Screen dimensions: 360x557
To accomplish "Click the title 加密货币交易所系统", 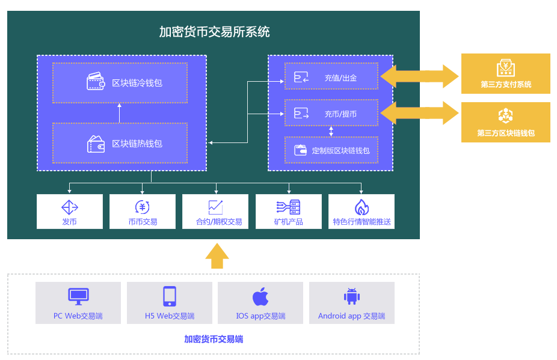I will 214,32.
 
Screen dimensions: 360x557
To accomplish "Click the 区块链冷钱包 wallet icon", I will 96,82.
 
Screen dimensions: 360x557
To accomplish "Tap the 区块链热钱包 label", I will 137,144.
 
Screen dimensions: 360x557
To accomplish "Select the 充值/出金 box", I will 331,77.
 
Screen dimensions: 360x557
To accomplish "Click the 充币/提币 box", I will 331,113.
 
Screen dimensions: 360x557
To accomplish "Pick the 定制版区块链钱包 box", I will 331,150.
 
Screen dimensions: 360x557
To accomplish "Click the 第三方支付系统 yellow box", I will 505,74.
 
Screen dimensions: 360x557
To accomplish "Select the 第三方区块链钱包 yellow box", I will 505,122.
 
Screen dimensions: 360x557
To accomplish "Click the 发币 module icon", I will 70,207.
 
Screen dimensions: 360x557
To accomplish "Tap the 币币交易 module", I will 143,212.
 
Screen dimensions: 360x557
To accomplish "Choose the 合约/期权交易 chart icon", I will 215,207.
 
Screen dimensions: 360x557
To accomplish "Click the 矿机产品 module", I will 289,212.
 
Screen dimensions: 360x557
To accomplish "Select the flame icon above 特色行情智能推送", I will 362,207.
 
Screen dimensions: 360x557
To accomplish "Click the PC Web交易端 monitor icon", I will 78,296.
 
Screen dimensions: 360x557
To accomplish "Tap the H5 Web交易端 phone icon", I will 170,296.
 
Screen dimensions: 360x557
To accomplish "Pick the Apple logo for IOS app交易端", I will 260,296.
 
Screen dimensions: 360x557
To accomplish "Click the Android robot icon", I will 351,296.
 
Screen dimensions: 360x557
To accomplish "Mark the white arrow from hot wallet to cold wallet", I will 120,112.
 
